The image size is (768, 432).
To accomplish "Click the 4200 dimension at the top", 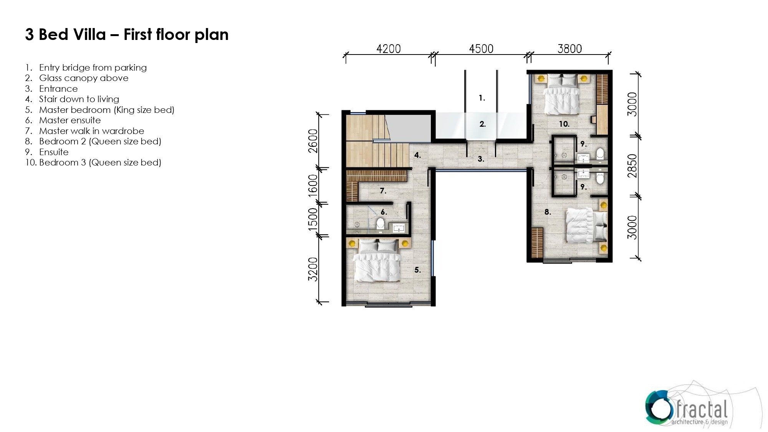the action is tap(388, 49).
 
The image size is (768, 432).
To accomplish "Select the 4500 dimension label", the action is tap(481, 49).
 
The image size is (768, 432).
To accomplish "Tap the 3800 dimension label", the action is tap(569, 49).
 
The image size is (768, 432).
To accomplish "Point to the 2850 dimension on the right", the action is tap(632, 166).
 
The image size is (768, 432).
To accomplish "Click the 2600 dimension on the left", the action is tap(313, 141).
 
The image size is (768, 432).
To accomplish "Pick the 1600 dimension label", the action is tap(313, 185).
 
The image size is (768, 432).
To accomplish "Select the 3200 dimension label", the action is tap(313, 269).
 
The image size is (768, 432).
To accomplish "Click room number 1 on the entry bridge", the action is tap(482, 98).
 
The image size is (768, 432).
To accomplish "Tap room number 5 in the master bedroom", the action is tap(418, 270).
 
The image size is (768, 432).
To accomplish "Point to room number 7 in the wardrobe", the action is tap(383, 190).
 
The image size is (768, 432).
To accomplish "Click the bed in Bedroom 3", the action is tap(561, 94).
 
